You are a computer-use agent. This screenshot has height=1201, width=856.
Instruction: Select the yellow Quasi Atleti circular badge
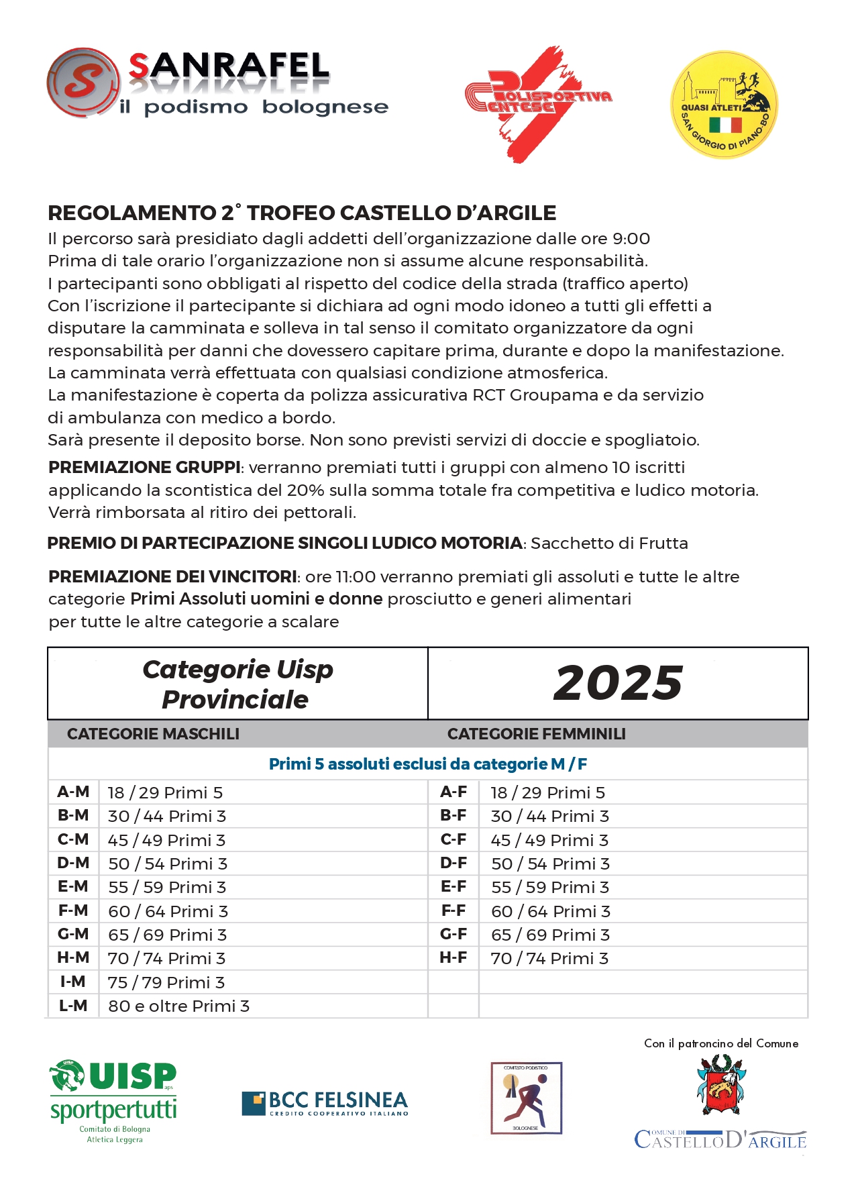(725, 105)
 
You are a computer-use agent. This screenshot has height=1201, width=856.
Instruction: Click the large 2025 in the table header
(618, 683)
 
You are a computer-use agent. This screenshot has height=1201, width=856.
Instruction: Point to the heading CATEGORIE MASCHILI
(153, 734)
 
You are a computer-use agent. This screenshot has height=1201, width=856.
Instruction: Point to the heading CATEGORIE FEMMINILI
(536, 734)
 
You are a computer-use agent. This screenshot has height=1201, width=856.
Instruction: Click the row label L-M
(73, 1006)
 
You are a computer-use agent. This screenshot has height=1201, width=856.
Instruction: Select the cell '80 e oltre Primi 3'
(178, 1006)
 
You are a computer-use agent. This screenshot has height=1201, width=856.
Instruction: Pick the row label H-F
(453, 958)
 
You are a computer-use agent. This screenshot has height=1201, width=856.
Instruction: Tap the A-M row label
(73, 792)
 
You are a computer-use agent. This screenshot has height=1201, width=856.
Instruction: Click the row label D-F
(453, 864)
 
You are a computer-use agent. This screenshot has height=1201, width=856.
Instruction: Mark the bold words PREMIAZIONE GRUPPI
(144, 468)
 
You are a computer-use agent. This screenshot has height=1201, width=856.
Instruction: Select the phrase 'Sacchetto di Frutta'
(609, 543)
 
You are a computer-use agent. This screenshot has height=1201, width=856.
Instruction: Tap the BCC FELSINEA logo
(325, 1104)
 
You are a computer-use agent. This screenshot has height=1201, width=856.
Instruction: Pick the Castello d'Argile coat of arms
(721, 1085)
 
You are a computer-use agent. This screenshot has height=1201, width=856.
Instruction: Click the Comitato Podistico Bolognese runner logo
(526, 1098)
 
